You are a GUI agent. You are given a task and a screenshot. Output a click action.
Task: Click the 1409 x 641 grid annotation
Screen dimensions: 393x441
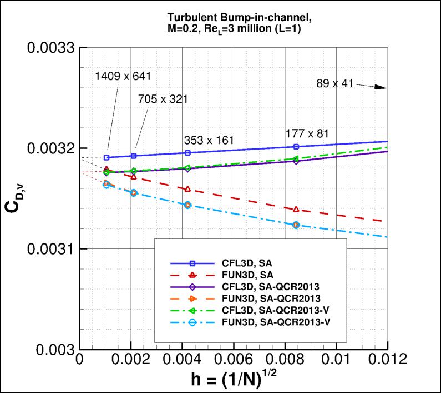click(123, 76)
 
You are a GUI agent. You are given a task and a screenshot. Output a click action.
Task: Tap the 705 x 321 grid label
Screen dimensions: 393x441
click(163, 99)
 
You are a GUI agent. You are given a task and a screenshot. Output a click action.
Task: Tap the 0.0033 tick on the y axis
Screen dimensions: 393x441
click(50, 48)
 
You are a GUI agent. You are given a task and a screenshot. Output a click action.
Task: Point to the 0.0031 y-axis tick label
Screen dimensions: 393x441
click(50, 249)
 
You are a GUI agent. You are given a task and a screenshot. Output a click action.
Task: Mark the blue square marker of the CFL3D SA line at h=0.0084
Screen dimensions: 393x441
click(296, 147)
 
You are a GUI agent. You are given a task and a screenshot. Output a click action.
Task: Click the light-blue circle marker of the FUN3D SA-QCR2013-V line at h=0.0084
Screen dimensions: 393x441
click(296, 225)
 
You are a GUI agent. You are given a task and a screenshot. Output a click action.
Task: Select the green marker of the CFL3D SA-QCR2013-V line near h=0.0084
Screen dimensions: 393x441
click(296, 158)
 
